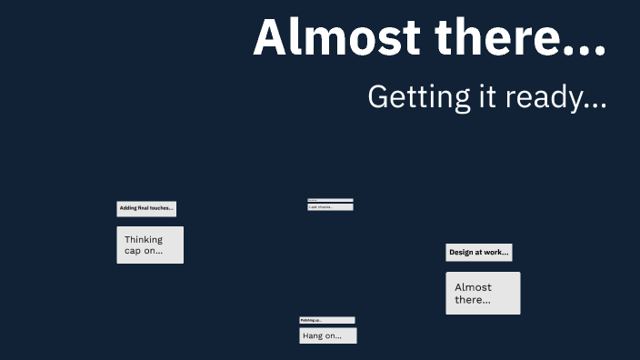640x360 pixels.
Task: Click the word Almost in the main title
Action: (x=337, y=38)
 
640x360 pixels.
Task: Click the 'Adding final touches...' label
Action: (x=146, y=208)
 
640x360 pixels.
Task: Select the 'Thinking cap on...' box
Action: (x=150, y=245)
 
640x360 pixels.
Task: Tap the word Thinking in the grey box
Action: (x=144, y=240)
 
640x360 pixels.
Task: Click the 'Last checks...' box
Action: (x=330, y=207)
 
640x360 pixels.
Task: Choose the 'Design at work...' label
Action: (x=479, y=253)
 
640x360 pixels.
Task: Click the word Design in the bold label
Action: (x=462, y=253)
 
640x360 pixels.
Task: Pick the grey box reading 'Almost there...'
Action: (x=483, y=293)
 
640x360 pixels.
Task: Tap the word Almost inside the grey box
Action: (x=473, y=287)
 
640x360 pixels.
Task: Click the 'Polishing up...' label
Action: (x=327, y=320)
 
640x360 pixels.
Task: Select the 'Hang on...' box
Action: (x=328, y=335)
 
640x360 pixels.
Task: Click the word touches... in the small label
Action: (x=162, y=208)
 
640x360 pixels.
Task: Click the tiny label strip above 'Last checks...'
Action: (x=330, y=200)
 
